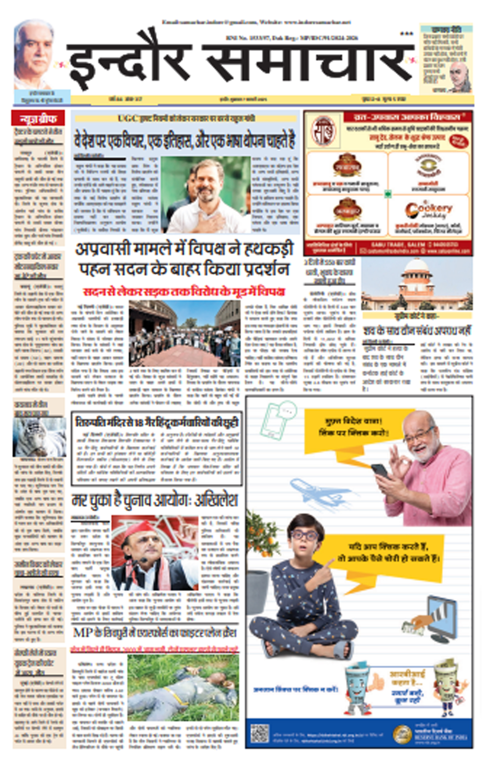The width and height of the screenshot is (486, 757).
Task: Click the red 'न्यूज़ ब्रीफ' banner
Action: [x=38, y=118]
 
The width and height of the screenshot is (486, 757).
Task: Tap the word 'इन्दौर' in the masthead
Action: [x=129, y=63]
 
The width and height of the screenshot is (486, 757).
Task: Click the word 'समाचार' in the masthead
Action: [x=308, y=63]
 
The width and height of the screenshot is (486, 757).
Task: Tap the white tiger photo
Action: [x=39, y=437]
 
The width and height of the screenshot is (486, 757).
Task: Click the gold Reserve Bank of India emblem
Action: [x=402, y=734]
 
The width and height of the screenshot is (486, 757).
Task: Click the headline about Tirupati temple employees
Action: [x=156, y=422]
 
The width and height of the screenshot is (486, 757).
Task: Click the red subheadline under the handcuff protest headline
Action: [x=184, y=292]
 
